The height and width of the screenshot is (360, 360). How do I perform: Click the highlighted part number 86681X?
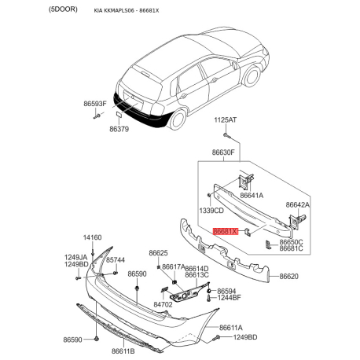[226, 231]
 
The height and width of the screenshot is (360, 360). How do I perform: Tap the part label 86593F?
[95, 104]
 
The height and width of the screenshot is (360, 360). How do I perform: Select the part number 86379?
[119, 129]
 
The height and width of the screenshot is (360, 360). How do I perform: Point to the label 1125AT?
[226, 120]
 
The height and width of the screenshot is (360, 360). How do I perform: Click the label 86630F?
[223, 152]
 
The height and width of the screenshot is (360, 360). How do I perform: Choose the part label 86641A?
[252, 196]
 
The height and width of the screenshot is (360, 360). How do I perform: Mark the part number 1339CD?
[211, 211]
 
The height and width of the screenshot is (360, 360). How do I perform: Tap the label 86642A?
[298, 204]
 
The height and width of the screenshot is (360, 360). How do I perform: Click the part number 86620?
[288, 277]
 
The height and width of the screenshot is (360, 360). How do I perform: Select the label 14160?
[92, 237]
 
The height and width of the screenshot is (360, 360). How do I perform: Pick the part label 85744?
[116, 260]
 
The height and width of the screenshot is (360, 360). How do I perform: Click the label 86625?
[158, 253]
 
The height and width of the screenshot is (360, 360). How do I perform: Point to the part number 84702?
[163, 304]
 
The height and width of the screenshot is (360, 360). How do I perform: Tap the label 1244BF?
[229, 298]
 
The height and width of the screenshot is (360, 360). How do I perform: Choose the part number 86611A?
[231, 328]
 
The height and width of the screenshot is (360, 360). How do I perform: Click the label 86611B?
[123, 351]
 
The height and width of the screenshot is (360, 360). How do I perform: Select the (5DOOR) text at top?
[63, 9]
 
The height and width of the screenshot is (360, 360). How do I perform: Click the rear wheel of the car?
[178, 119]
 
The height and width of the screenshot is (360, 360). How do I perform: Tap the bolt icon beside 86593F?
[97, 116]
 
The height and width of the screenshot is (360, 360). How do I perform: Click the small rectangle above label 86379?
[119, 114]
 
